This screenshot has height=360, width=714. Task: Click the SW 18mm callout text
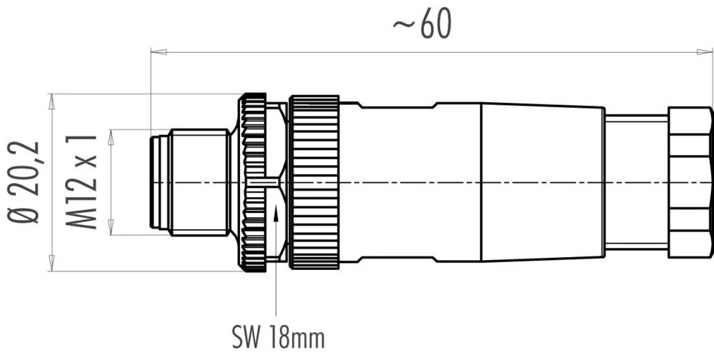coord(278,336)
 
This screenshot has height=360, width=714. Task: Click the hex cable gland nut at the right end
coord(690,182)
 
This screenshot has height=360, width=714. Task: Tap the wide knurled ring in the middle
coord(314,182)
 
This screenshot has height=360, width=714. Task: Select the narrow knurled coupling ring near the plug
coord(253,182)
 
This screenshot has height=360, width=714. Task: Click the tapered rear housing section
coord(543,182)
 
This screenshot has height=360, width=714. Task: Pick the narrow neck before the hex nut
coord(635,182)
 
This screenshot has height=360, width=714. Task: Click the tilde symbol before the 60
coord(401,26)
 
